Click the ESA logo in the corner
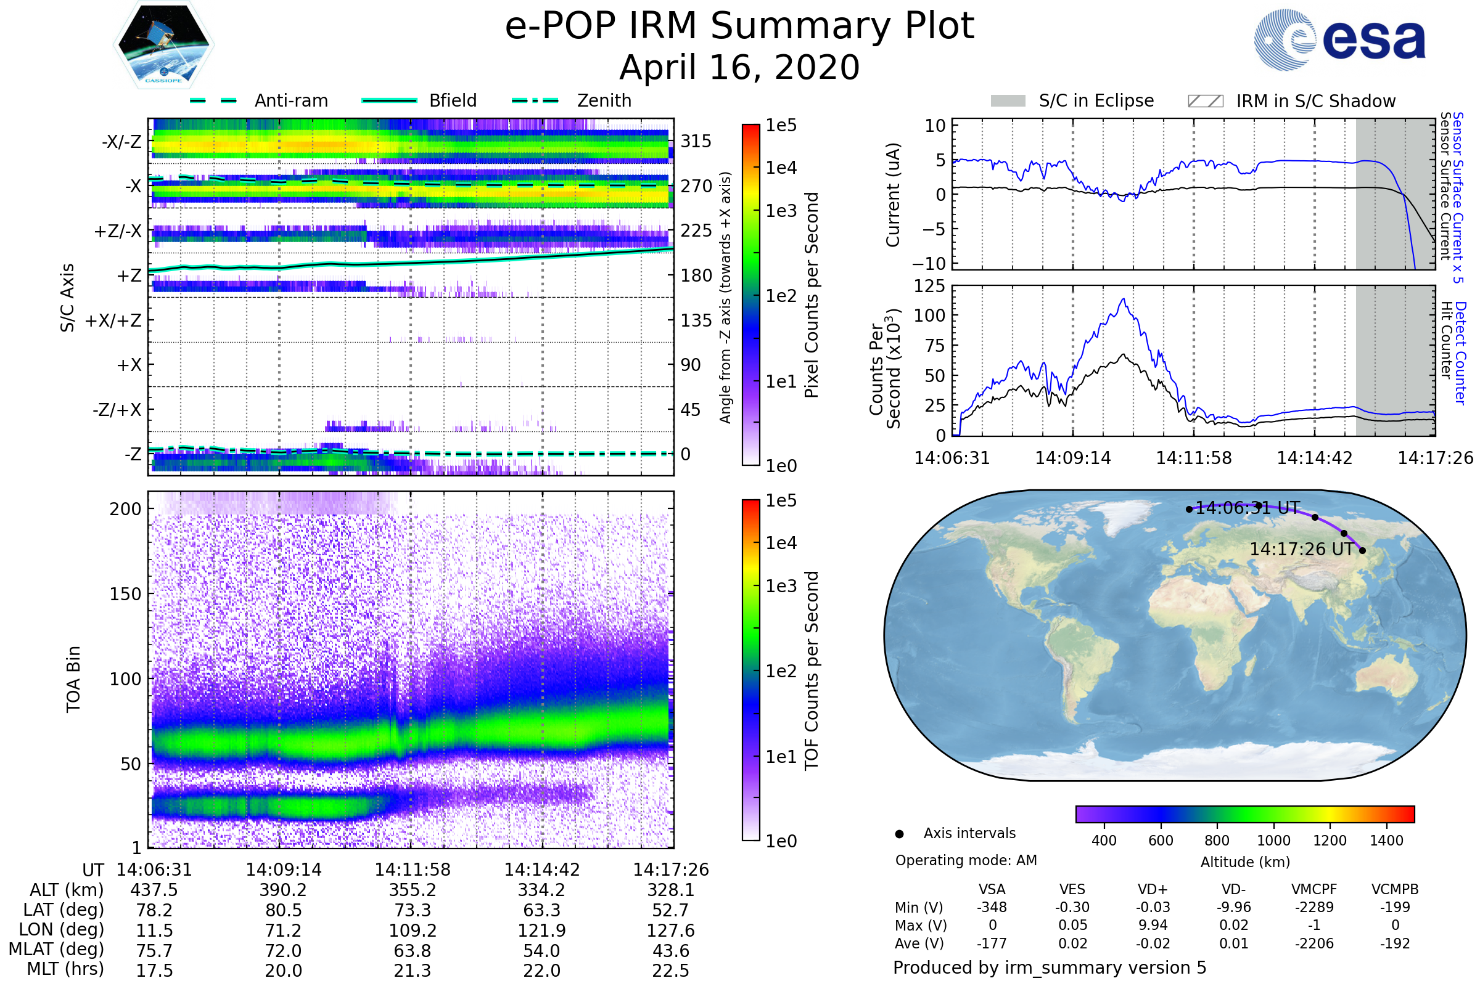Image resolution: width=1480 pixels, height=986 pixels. pos(1339,39)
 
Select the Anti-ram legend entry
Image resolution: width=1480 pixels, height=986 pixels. pos(258,100)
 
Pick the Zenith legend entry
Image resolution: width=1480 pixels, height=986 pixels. pos(572,100)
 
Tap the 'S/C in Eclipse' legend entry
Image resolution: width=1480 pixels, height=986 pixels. pos(1072,100)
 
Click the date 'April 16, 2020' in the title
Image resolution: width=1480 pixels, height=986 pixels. pos(739,67)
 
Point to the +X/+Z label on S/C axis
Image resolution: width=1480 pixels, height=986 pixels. pos(113,320)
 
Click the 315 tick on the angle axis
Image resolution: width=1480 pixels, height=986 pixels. pos(696,141)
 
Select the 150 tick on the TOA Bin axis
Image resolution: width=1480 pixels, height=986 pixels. pos(125,594)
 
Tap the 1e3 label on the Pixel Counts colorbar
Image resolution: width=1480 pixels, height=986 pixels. pos(781,211)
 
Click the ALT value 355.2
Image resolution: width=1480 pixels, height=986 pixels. pos(413,890)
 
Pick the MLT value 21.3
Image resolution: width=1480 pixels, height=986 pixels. pos(413,970)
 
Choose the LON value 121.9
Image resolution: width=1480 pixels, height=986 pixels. pos(542,930)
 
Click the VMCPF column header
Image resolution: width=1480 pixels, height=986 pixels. pos(1314,889)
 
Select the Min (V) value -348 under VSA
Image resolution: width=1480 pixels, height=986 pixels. pos(992,907)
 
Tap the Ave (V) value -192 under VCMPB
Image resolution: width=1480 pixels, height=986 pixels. pos(1395,943)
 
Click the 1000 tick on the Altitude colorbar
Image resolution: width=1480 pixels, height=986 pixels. pos(1273,841)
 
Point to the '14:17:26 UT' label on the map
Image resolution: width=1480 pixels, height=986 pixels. pos(1301,549)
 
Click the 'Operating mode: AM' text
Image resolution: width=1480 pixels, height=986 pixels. pos(966,860)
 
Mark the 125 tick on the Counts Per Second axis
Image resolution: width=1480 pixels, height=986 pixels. pos(929,286)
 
